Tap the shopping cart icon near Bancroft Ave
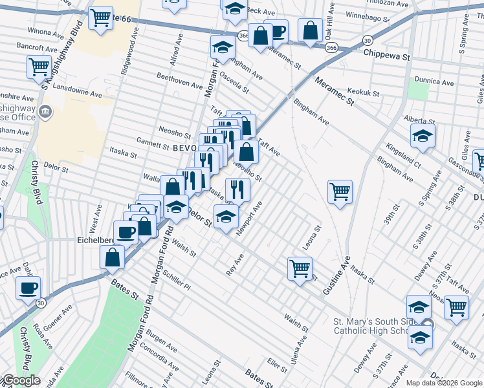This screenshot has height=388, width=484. point(39,66)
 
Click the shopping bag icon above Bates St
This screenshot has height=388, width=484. point(113,257)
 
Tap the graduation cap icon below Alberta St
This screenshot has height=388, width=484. point(423,136)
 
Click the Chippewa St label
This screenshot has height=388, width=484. point(387,57)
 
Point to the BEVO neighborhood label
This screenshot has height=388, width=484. point(184,147)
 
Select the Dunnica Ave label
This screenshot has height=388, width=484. point(434,82)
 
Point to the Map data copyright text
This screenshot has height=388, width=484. point(443,383)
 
